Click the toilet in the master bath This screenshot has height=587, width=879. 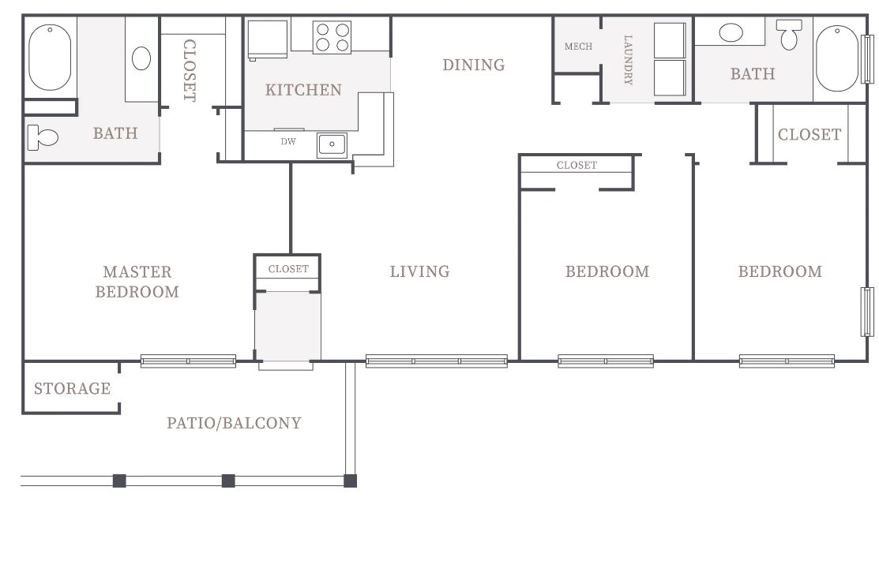tap(43, 137)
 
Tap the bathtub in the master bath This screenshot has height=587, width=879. tap(50, 58)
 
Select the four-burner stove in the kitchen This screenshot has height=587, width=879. tap(332, 38)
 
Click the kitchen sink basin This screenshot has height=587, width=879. tap(332, 144)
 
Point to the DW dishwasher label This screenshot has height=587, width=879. tap(288, 142)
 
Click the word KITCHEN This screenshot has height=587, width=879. tap(303, 90)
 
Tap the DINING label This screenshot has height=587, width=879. tap(474, 65)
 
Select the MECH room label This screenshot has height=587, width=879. tap(578, 47)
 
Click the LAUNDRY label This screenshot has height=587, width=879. tap(629, 60)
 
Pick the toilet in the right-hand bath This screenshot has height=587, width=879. tap(789, 34)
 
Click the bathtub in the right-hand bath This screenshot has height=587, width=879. tap(837, 58)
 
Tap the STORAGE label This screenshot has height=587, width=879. tap(73, 388)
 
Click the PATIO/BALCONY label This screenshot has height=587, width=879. tap(234, 423)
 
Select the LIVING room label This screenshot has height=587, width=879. tap(420, 271)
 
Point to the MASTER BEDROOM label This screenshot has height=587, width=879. tap(137, 282)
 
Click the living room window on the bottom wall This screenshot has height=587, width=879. tap(437, 361)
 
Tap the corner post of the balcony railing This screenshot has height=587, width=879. tap(351, 480)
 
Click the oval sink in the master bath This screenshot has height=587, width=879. tap(141, 58)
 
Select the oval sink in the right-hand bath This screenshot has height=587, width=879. tap(731, 32)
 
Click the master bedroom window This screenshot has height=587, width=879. tap(188, 361)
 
